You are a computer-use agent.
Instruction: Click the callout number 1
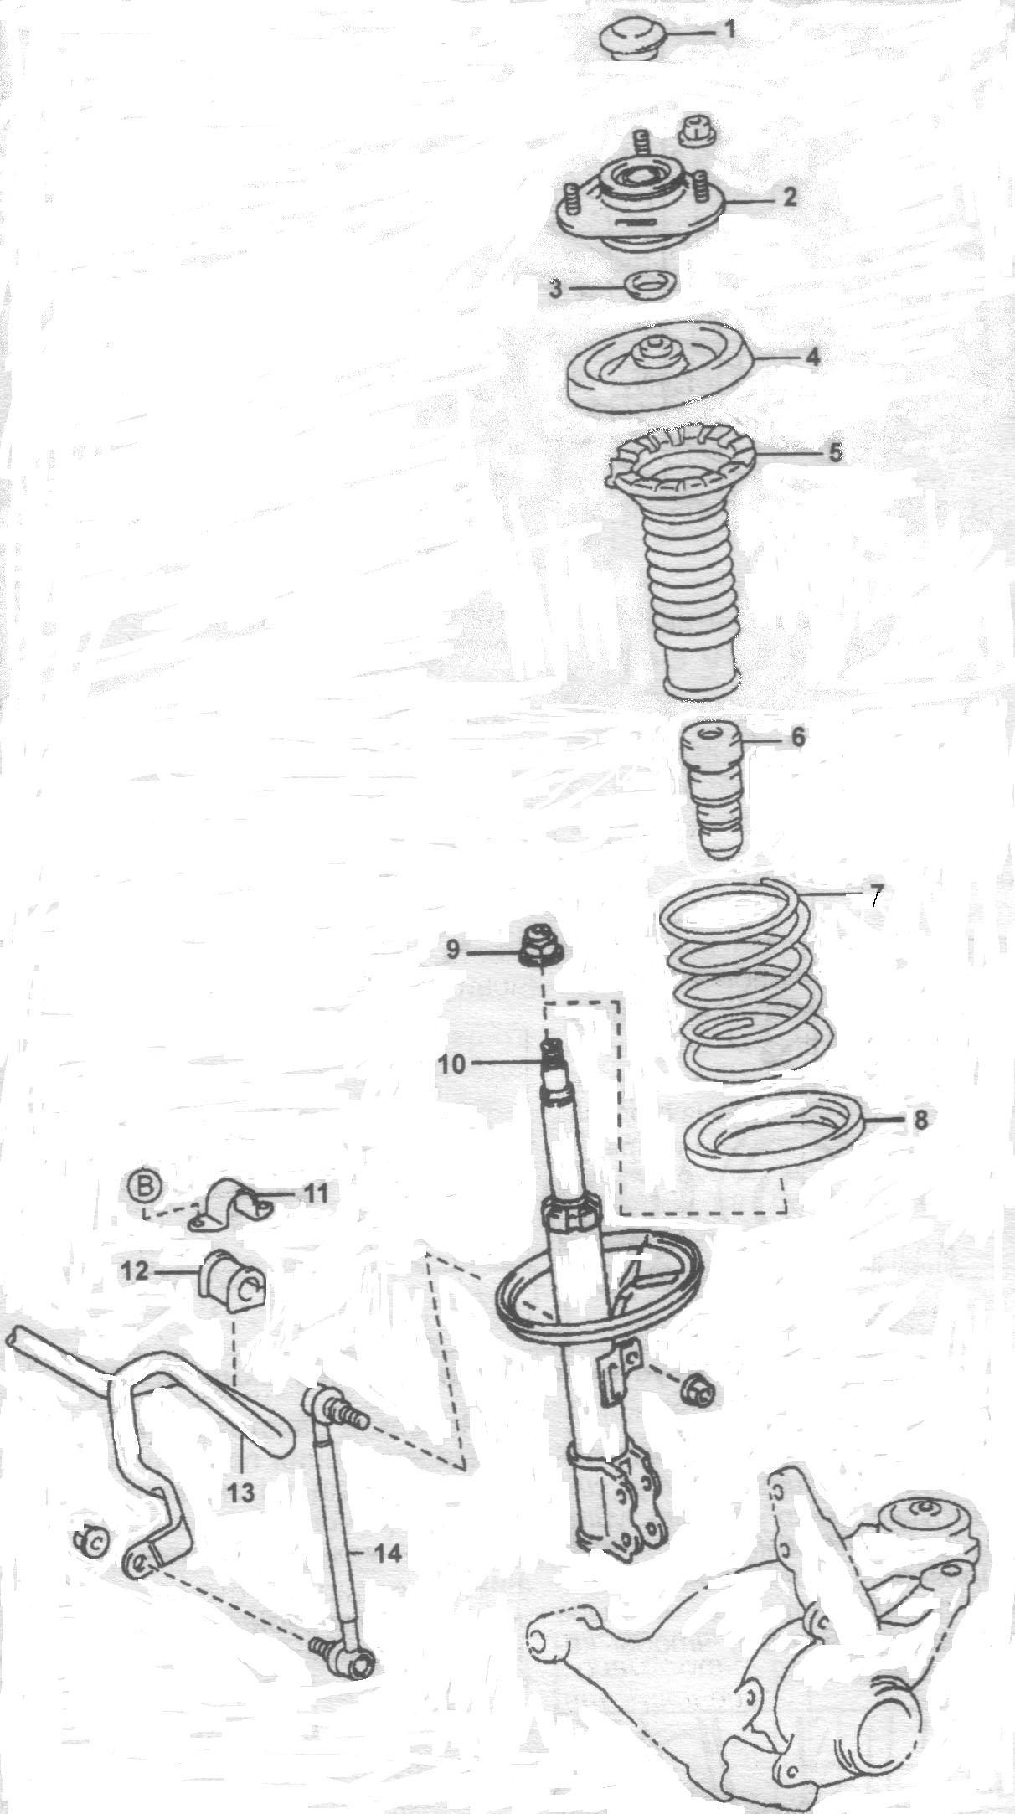point(729,31)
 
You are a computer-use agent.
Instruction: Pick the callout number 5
point(835,452)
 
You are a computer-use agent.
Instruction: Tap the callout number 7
point(873,894)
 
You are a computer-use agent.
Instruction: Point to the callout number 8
point(920,1121)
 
